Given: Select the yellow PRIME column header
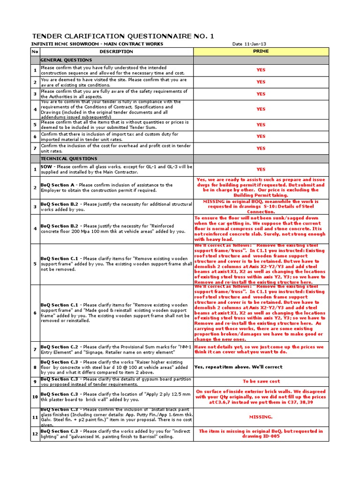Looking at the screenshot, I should click(261, 51).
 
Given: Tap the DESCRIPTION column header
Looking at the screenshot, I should click(116, 51).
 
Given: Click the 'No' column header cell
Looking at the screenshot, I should click(35, 51).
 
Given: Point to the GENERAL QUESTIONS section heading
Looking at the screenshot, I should click(66, 60).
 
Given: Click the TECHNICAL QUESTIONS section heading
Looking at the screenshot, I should click(68, 159).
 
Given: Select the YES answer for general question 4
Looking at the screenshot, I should click(261, 109).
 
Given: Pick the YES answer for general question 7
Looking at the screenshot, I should click(261, 148).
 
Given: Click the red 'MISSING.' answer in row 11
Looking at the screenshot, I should click(261, 416).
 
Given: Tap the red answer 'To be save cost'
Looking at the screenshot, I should click(261, 382).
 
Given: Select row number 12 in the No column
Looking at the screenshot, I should click(35, 434).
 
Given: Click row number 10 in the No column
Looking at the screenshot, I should click(35, 397).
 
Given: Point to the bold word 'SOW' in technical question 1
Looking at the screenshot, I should click(46, 167).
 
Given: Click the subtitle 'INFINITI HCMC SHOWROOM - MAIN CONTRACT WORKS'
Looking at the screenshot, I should click(97, 44).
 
